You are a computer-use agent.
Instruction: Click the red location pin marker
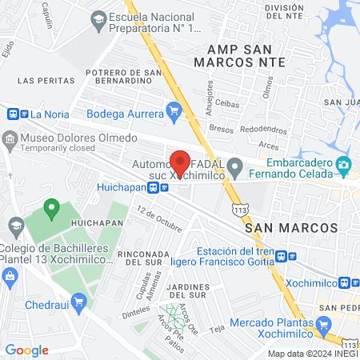(x=180, y=161)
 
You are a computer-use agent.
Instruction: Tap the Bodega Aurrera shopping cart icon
(x=174, y=111)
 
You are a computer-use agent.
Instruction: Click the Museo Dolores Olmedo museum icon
(x=9, y=138)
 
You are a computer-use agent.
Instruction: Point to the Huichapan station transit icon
(x=164, y=188)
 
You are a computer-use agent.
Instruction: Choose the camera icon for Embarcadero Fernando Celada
(x=344, y=166)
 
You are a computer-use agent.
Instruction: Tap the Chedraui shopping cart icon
(x=78, y=302)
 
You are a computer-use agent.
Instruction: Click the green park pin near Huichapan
(x=52, y=210)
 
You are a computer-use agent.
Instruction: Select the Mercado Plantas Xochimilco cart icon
(x=323, y=324)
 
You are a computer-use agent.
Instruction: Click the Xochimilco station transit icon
(x=346, y=282)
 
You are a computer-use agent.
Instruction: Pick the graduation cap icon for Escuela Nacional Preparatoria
(x=98, y=18)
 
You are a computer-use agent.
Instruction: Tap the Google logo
(x=27, y=350)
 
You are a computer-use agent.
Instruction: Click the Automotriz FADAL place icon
(x=234, y=166)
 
